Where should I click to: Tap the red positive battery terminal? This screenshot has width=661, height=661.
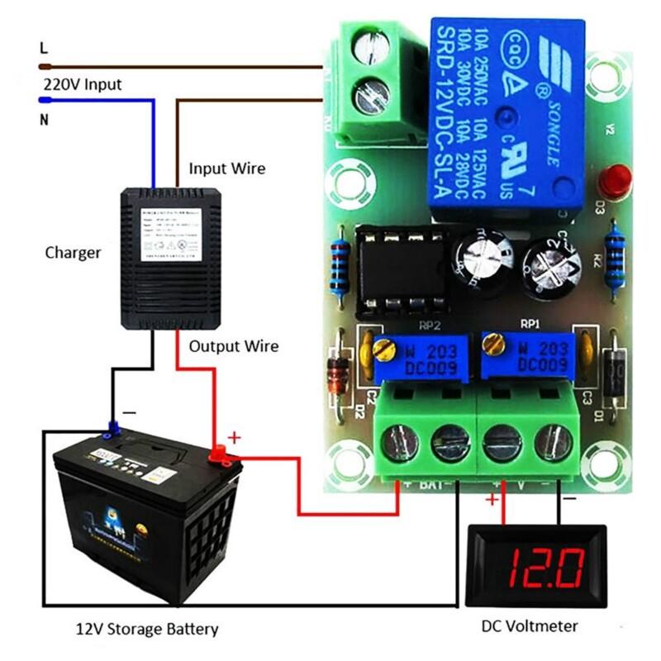(x=220, y=452)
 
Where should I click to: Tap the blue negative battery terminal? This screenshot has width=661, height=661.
(x=112, y=429)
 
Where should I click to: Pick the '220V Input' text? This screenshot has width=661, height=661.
(x=81, y=84)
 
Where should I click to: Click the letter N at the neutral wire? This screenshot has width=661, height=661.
(x=44, y=120)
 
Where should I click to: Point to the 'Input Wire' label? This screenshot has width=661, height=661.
(x=227, y=169)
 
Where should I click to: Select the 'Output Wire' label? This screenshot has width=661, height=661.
(x=234, y=346)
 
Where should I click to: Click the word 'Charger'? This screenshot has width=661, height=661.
(x=73, y=252)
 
